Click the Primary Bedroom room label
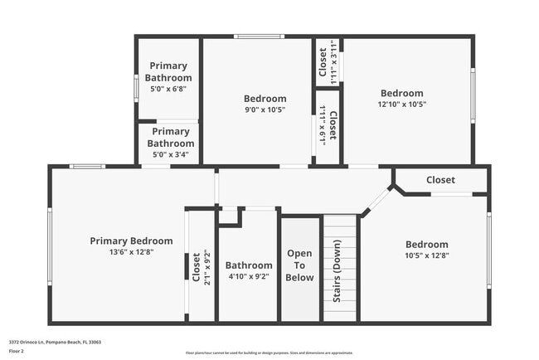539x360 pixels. coord(131,241)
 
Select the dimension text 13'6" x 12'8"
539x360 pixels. coord(131,251)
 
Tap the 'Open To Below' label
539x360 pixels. coord(299,265)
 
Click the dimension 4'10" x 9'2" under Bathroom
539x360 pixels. coord(248,277)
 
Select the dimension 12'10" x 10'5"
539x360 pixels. coord(401,105)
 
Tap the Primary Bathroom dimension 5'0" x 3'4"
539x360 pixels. coord(171,154)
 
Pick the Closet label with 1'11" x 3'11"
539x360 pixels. coord(323,61)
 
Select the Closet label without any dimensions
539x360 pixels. coord(440,180)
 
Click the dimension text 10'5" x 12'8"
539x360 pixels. coord(426,255)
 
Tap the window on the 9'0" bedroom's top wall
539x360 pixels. coord(259,36)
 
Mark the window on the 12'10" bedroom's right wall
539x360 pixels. coord(473,93)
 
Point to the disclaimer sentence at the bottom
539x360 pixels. coord(269,353)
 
